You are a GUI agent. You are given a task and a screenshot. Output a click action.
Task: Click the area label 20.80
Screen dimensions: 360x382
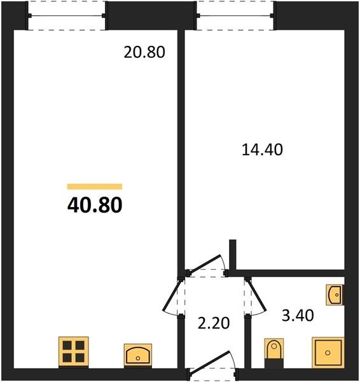coord(144,52)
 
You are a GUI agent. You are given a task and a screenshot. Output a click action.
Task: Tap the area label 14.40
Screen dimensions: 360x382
coord(262,150)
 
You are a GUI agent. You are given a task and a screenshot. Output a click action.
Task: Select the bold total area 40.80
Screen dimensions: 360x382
coord(95,205)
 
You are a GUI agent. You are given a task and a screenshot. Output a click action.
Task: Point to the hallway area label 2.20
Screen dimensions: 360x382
coord(214,323)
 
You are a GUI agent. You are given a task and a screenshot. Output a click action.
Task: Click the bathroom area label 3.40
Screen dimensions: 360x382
coord(298,316)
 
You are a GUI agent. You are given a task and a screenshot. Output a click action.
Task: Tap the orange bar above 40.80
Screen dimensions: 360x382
coord(95,187)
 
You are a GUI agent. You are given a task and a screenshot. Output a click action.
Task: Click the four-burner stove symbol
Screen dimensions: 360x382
coord(74,351)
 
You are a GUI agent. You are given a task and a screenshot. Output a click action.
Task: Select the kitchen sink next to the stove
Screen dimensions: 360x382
coord(138,355)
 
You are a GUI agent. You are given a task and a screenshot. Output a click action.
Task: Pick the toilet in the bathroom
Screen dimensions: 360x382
coord(274,349)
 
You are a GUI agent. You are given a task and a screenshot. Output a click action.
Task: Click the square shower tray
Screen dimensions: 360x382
coord(328,353)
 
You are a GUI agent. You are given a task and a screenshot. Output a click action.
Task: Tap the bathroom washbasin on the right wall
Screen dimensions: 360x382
coord(335,295)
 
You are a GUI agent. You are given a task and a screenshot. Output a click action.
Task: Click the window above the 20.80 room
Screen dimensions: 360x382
coord(66,16)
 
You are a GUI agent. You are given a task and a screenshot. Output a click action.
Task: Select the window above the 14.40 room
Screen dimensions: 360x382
coord(235,16)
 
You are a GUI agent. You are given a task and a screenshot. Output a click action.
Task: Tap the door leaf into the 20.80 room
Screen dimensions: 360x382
coord(172,295)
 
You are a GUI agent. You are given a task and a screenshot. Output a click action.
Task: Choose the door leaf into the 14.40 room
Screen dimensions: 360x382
coord(205,264)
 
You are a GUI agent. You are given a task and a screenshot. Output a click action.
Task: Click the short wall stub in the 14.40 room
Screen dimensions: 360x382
coord(233,255)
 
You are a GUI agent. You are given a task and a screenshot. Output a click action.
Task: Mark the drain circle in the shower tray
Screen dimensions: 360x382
coord(328,353)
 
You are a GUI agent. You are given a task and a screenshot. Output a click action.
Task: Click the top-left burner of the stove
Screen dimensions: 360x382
coord(67,345)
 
